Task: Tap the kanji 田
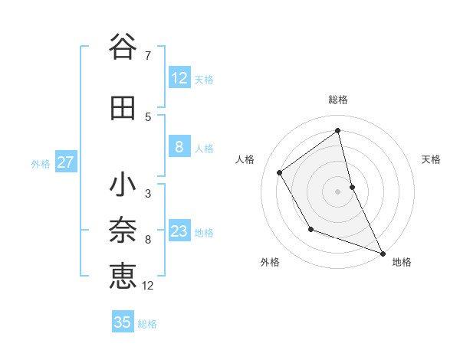coord(122,109)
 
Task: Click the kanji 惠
coord(123,276)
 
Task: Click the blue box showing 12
coord(179,78)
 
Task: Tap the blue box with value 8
coord(179,148)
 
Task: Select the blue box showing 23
coord(179,232)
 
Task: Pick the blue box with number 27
coord(65,162)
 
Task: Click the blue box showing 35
coord(123,322)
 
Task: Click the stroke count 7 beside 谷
coord(147,56)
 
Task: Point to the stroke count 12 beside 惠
coord(149,286)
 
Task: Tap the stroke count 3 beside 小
coord(147,194)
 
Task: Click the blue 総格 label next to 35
coord(147,324)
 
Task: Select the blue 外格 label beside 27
coord(41,164)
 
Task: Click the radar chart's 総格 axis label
coord(338,100)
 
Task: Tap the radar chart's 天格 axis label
coord(432,159)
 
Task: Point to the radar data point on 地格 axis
coord(383,253)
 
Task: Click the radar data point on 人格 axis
coord(280,172)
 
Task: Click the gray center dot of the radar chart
coord(338,191)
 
